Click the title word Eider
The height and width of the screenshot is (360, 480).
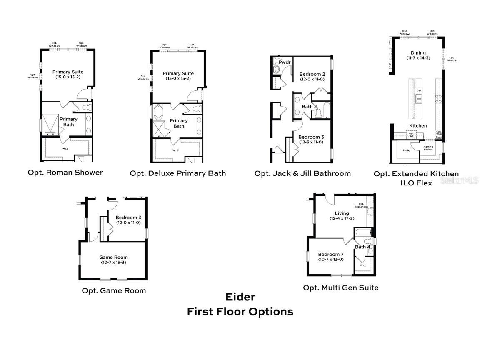coord(240,297)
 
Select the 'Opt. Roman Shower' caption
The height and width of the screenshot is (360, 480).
coord(65,172)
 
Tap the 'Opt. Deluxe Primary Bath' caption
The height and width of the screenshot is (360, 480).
coord(178,173)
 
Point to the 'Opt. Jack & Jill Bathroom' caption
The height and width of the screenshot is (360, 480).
coord(302,173)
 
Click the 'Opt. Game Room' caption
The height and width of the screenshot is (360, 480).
coord(114,290)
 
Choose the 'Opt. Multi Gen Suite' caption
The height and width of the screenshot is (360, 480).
coord(341,287)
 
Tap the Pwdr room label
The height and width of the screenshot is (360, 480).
coord(285,62)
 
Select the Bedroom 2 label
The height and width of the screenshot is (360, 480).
coord(312,74)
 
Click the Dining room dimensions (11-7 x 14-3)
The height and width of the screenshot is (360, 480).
coord(418,58)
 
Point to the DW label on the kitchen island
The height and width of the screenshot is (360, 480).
coord(418,90)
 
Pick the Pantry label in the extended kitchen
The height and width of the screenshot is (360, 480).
coord(406,150)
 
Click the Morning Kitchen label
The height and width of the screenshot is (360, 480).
coord(428,148)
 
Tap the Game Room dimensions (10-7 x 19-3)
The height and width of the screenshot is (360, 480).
coord(113,262)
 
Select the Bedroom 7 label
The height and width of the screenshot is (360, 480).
coord(330,254)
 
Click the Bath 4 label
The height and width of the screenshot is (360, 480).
coord(362,247)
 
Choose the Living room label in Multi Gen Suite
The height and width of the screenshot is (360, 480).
coord(339,213)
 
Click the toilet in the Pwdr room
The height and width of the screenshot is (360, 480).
coord(276,69)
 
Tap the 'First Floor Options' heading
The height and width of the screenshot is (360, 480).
coord(240,311)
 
